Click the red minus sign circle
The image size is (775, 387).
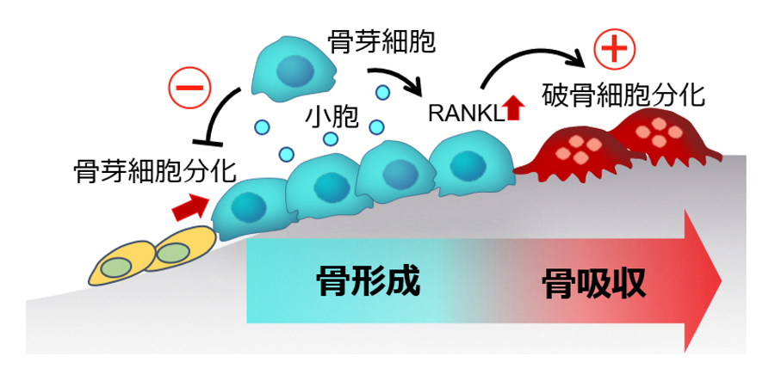tap(189, 88)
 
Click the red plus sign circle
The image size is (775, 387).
tap(613, 52)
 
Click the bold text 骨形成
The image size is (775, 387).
tap(368, 281)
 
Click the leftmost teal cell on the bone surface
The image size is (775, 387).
tap(248, 206)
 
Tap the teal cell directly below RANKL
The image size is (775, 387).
tap(468, 163)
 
